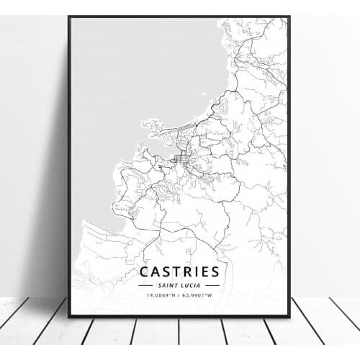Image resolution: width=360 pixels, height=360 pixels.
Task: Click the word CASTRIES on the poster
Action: pos(180,272)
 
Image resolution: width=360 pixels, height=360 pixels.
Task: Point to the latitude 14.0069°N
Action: pos(162,295)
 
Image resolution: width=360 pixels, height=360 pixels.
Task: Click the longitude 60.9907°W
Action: pos(199,295)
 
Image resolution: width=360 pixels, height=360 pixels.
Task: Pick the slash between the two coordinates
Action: pos(181,295)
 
